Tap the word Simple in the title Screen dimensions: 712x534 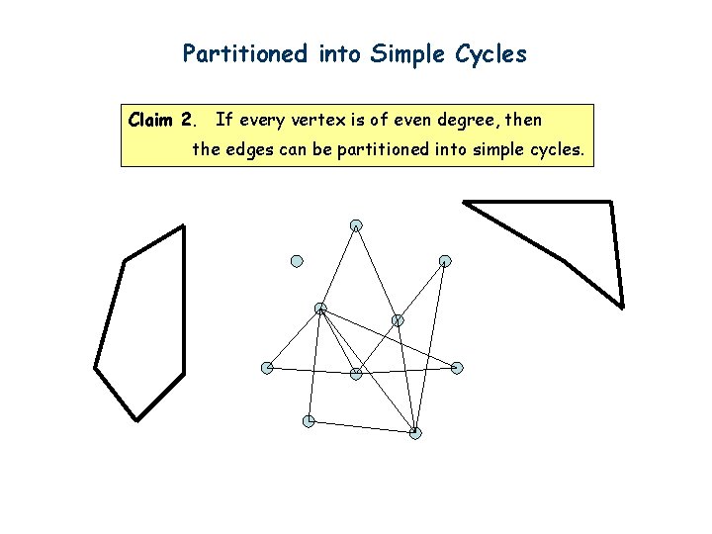pos(401,53)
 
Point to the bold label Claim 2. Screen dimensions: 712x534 pos(163,121)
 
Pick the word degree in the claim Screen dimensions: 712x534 pos(465,121)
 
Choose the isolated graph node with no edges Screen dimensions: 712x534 pos(296,261)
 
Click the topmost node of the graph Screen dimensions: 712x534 pos(355,225)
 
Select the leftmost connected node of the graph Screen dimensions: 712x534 pos(267,368)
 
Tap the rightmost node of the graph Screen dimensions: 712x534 pos(457,368)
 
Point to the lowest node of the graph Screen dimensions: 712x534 pos(415,432)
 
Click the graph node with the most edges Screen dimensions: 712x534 pos(320,309)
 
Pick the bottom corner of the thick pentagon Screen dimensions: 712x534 pos(135,419)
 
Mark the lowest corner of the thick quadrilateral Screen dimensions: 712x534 pos(622,307)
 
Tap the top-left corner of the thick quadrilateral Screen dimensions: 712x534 pos(464,202)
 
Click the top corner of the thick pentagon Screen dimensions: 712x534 pos(184,226)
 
